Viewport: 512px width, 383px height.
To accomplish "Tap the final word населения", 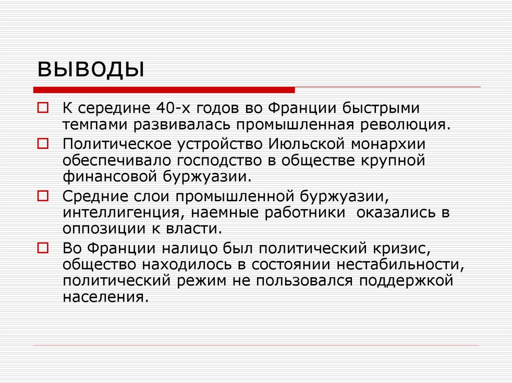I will coord(105,296).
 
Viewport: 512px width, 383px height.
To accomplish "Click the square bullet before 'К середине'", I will coord(43,107).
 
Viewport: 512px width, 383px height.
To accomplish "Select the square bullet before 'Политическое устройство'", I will coord(43,144).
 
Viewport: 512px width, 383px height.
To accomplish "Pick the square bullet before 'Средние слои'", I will coord(43,195).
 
